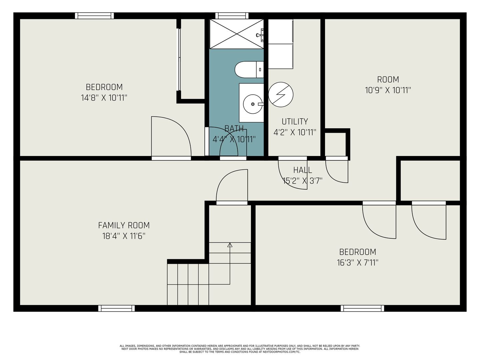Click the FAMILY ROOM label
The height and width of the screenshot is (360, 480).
(x=124, y=225)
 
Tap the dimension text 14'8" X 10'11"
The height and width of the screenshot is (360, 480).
(x=104, y=98)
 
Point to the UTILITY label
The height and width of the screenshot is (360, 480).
(x=295, y=121)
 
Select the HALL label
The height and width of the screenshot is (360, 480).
(x=302, y=170)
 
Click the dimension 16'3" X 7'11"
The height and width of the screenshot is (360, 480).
(x=358, y=263)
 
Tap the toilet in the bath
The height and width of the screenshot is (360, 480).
(x=249, y=70)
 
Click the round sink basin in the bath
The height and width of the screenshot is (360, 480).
(x=253, y=104)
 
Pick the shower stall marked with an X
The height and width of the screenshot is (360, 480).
(x=237, y=34)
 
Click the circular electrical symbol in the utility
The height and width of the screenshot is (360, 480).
(x=281, y=94)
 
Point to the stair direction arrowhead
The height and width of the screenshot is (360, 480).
(x=230, y=245)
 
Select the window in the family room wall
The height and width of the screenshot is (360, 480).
(x=116, y=308)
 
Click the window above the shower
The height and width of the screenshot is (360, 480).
(x=232, y=16)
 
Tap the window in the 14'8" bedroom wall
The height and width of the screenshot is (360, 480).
(x=94, y=16)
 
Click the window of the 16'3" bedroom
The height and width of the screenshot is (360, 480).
(x=362, y=308)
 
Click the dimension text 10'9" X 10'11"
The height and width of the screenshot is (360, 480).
(x=388, y=90)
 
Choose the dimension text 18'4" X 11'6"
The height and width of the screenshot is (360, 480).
(x=124, y=236)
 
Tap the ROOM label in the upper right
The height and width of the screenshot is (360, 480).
(x=388, y=79)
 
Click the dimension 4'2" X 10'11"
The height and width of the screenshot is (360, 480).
(x=295, y=132)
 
